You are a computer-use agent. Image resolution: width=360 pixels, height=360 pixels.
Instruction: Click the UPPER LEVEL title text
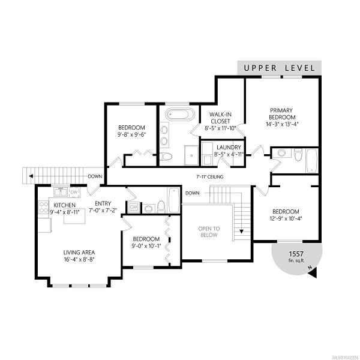coord(280,68)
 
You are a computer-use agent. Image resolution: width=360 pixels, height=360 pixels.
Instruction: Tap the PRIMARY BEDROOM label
coord(282,113)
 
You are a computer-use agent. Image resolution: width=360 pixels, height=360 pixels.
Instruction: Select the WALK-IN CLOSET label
coord(220,118)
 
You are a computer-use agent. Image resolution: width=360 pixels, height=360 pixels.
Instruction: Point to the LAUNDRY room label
coord(229,148)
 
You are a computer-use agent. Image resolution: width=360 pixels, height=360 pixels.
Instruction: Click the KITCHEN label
coord(65,205)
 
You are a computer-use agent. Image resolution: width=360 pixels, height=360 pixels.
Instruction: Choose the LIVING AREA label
coord(79,253)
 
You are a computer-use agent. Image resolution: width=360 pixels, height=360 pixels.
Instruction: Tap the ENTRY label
coord(103,203)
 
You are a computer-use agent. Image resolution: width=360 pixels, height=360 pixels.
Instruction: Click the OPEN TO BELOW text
coord(209,232)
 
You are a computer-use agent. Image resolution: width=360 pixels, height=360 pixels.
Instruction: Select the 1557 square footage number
coord(296,254)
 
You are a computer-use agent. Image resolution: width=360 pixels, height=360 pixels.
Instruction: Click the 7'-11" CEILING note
coord(210,177)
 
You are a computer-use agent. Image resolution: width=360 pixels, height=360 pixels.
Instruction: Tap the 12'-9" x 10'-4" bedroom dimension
coord(286,218)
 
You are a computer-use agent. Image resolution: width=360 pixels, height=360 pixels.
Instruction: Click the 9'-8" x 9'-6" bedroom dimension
coord(132,134)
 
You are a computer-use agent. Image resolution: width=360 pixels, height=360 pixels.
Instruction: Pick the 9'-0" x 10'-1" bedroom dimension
coord(146,246)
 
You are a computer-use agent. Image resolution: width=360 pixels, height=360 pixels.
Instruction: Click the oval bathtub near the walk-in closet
coord(180,114)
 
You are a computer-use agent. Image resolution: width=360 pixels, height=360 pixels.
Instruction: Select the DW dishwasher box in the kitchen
coord(74,192)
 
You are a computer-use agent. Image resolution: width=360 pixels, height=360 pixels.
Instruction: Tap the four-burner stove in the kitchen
coord(43,207)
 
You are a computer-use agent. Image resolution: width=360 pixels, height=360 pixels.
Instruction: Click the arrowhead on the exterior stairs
coord(31,176)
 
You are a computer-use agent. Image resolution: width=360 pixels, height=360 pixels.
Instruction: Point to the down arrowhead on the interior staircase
coord(241,232)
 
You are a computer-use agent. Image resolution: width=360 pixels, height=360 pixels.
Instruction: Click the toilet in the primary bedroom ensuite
coord(298,155)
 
